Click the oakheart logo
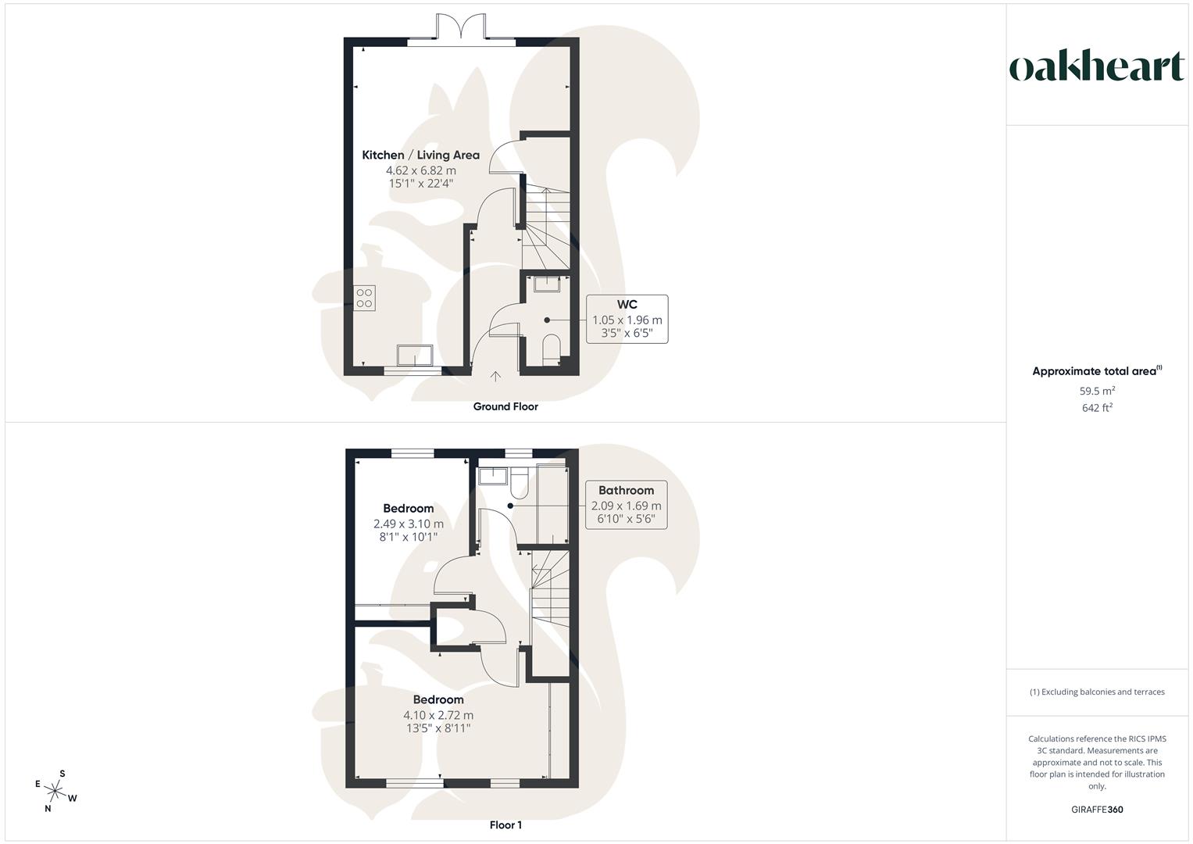coord(1096,67)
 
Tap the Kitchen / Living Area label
coord(420,155)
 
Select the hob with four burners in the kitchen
coord(364,298)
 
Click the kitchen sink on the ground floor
coord(415,355)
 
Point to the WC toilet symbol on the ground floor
coord(551,349)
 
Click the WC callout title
coord(627,304)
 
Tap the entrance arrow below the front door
coord(495,377)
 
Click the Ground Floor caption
coord(505,406)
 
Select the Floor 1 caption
coord(505,824)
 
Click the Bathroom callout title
coord(626,490)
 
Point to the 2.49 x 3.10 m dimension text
coord(409,524)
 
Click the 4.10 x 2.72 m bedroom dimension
coord(438,715)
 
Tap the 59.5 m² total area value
coord(1097,391)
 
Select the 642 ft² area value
coord(1097,408)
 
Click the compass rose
coord(55,791)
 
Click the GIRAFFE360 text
coord(1096,810)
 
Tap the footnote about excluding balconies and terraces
coord(1097,692)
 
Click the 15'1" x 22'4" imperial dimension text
coord(420,184)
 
